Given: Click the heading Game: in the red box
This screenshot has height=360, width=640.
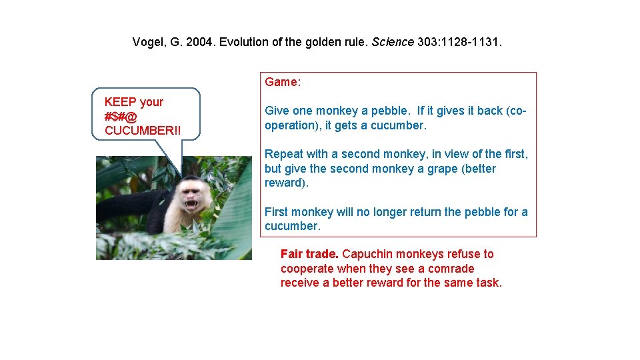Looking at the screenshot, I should [x=283, y=82].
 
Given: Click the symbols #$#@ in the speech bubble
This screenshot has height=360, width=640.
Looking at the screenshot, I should [x=121, y=116].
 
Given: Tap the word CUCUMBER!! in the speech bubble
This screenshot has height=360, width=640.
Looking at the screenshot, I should [x=142, y=130].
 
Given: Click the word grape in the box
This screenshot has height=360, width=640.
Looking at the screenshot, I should [x=442, y=169].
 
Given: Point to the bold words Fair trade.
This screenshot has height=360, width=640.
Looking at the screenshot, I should [x=310, y=254].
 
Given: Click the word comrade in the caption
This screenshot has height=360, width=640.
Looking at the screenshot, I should [x=448, y=269].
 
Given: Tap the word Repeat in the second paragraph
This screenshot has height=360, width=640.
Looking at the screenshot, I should [x=283, y=154].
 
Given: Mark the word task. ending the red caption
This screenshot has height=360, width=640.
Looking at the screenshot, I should [x=487, y=283].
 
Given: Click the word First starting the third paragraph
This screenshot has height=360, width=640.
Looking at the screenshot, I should [x=277, y=212].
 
